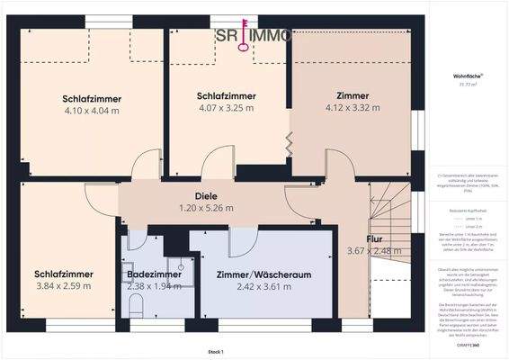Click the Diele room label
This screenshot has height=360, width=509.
pos(206,195)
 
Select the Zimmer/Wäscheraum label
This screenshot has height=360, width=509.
pos(251,273)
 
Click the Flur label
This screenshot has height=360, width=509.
pos(373,238)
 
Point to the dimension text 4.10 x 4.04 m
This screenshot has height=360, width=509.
pos(92,111)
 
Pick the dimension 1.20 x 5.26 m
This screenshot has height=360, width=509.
pos(206,208)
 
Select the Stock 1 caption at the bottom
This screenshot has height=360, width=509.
pos(214,352)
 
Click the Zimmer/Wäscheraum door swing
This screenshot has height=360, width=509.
pos(243,241)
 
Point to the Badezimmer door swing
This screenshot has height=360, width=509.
pos(134,238)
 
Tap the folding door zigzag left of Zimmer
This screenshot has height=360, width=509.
pos(289,141)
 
